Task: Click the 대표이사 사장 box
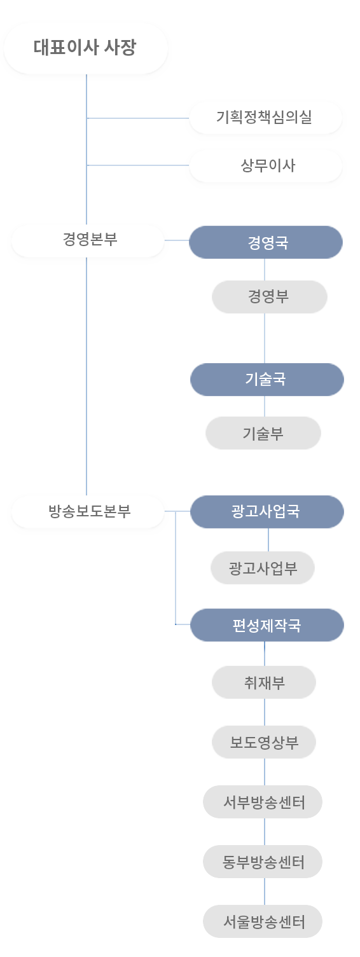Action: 85,48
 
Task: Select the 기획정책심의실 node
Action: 265,118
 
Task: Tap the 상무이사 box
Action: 265,166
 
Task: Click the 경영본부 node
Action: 88,241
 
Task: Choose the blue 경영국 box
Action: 266,242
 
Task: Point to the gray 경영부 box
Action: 269,297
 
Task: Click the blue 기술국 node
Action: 267,380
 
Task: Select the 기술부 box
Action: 263,433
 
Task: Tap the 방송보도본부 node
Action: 88,512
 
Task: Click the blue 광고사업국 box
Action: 267,512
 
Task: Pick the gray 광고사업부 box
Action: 263,568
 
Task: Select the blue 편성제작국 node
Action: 267,625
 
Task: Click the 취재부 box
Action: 264,682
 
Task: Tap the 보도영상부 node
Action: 264,742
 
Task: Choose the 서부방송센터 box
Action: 263,802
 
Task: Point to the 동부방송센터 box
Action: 263,862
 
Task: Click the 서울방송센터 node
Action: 263,921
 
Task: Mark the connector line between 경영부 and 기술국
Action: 264,338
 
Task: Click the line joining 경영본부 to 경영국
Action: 177,240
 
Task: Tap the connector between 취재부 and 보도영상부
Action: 264,712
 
